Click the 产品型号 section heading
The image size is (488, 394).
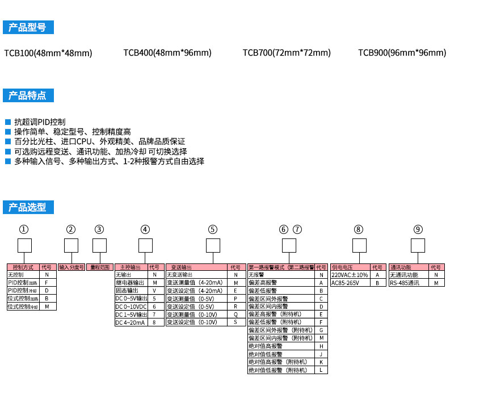coord(28,27)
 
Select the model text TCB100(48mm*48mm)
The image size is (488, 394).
coord(48,53)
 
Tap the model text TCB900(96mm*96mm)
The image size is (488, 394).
coord(402,53)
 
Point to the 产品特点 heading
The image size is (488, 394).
coord(28,95)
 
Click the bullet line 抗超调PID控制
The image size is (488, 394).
coord(40,122)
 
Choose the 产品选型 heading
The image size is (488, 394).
coord(28,207)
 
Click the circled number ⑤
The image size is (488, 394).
coord(212,230)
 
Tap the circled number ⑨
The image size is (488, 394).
coord(418,230)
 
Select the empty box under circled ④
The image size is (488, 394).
coord(146,245)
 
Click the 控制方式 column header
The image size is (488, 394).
coord(23,267)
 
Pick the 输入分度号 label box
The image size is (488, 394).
coord(71,267)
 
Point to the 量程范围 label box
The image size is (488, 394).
coord(99,267)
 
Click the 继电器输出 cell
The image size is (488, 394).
coord(131,283)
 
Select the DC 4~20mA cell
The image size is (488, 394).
coord(131,322)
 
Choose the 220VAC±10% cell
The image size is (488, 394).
coord(350,275)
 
